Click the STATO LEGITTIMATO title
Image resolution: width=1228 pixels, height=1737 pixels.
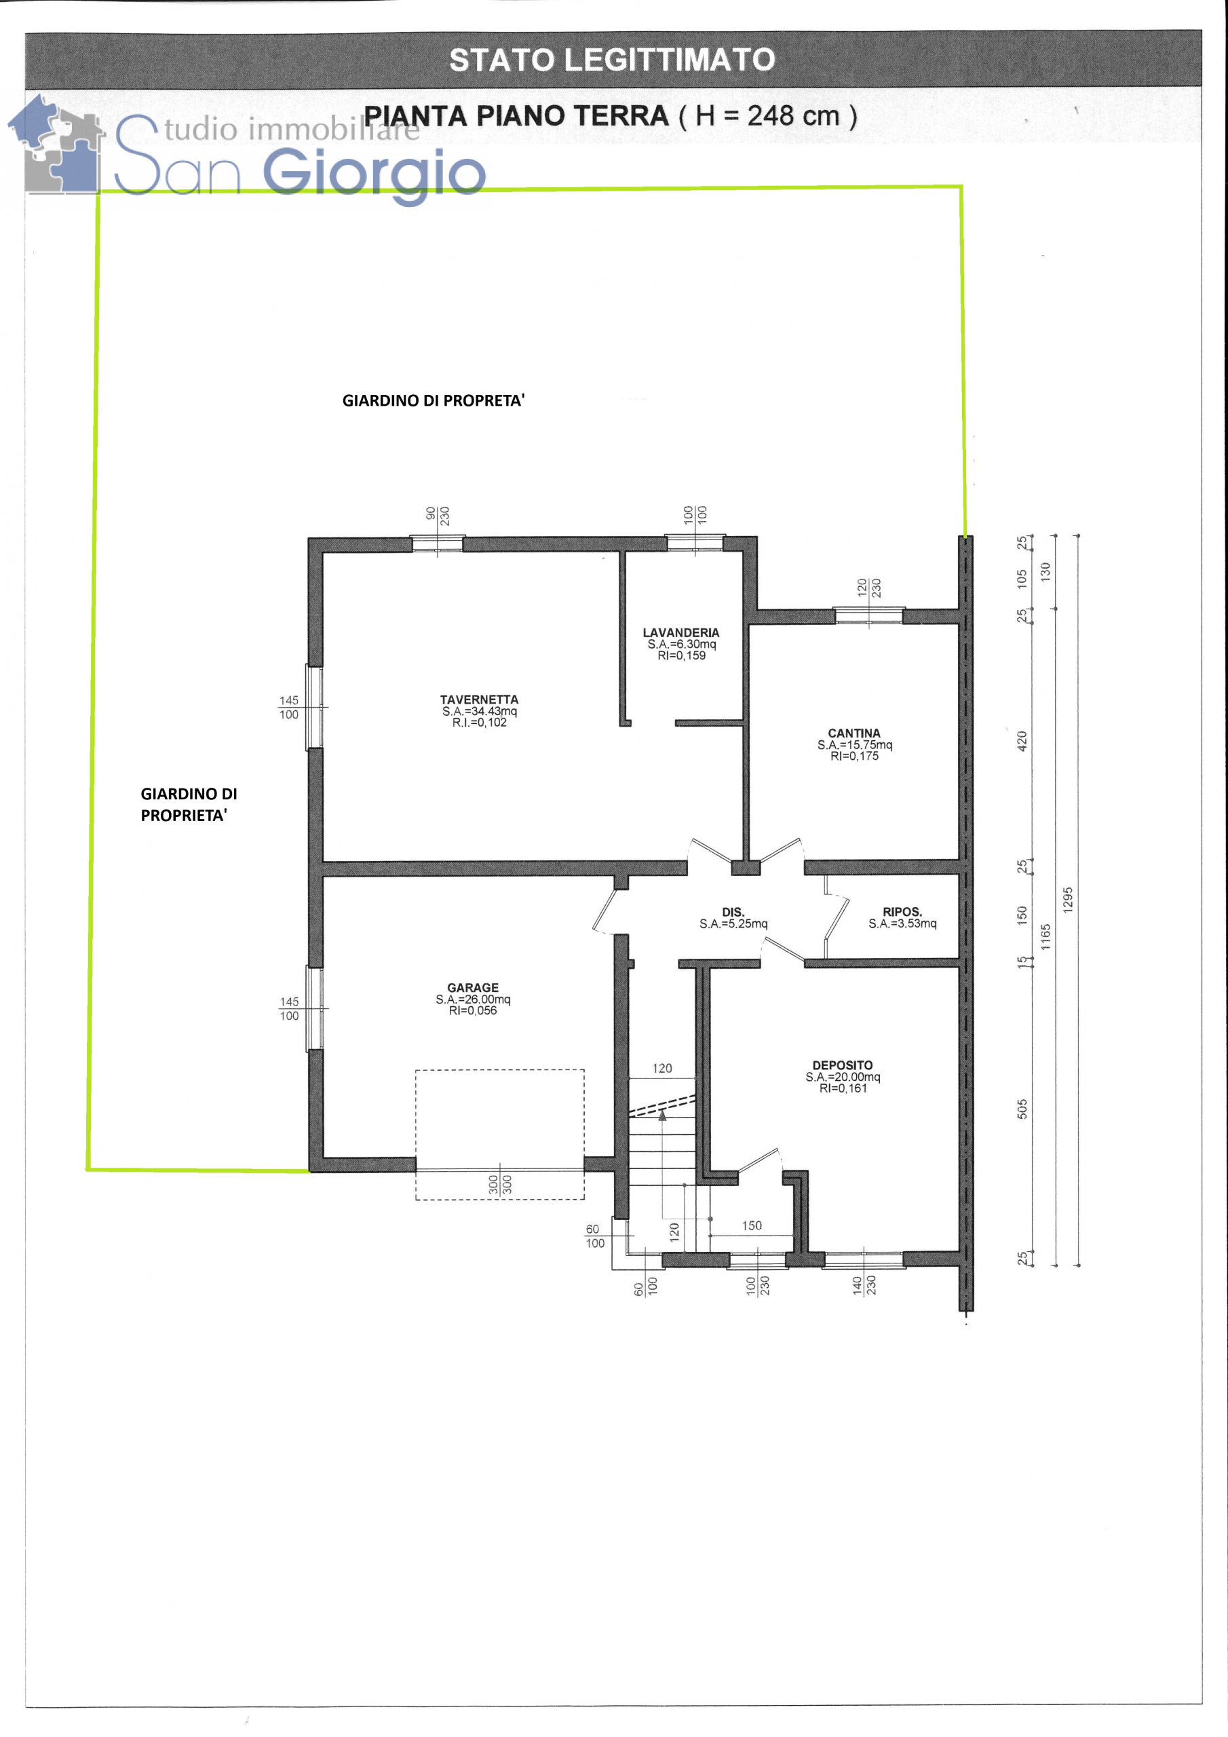pyautogui.click(x=612, y=60)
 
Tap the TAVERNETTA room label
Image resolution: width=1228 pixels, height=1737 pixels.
pyautogui.click(x=479, y=700)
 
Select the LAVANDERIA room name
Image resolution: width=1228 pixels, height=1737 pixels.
pyautogui.click(x=681, y=632)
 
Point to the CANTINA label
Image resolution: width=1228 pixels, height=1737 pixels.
pyautogui.click(x=854, y=733)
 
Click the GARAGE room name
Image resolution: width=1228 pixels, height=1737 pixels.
pyautogui.click(x=473, y=987)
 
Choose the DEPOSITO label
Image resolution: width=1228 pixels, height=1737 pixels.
pyautogui.click(x=842, y=1065)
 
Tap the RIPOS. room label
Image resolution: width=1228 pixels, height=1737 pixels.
pyautogui.click(x=902, y=912)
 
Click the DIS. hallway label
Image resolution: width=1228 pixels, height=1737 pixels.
pyautogui.click(x=733, y=912)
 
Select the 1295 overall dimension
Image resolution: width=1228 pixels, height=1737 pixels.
pyautogui.click(x=1068, y=900)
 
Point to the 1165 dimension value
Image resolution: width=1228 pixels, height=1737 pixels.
pyautogui.click(x=1045, y=936)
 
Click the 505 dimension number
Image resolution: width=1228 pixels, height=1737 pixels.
pyautogui.click(x=1022, y=1109)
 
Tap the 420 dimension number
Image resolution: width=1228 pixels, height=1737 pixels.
pyautogui.click(x=1022, y=742)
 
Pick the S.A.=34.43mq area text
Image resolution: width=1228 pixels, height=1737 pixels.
pyautogui.click(x=479, y=711)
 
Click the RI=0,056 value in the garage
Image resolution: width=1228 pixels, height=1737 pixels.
pyautogui.click(x=473, y=1011)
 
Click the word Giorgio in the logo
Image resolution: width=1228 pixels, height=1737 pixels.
pyautogui.click(x=374, y=174)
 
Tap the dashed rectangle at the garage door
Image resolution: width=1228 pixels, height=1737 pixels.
pyautogui.click(x=499, y=1134)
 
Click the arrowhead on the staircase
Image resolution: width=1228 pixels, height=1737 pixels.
pyautogui.click(x=663, y=1113)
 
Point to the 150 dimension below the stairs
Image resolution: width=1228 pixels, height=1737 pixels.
pyautogui.click(x=751, y=1225)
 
